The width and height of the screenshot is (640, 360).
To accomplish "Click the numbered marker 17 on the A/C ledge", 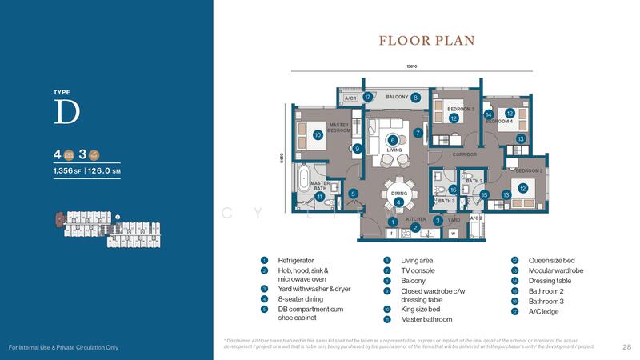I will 368,98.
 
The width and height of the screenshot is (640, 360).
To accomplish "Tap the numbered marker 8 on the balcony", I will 416,98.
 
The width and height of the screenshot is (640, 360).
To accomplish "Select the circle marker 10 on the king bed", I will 318,135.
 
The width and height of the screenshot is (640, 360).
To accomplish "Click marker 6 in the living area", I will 393,140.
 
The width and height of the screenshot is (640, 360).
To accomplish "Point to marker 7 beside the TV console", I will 418,133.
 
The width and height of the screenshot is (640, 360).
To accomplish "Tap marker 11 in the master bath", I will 319,196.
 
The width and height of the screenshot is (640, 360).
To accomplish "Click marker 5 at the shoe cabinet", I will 353,193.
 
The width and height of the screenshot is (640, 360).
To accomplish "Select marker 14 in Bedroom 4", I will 488,114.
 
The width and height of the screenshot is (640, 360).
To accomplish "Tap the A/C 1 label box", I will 350,98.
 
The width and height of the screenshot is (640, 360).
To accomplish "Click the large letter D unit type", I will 66,113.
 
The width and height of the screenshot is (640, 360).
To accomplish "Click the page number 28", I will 626,346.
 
